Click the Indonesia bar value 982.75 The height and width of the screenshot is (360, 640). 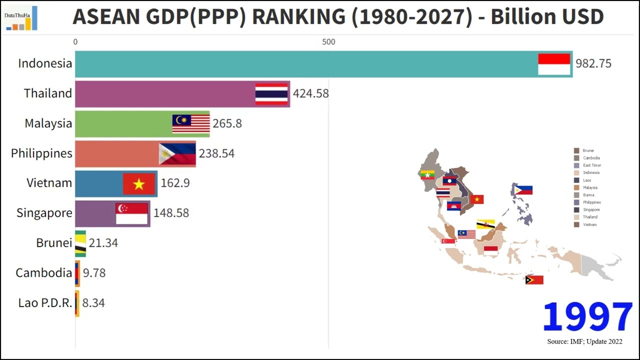(x=593, y=63)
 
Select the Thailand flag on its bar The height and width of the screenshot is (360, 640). (x=271, y=93)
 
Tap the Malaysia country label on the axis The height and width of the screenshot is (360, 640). (x=48, y=123)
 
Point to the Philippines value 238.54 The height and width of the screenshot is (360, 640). (x=216, y=153)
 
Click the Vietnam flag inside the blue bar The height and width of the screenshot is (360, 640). (x=139, y=184)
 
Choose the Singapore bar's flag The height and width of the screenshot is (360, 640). (x=131, y=213)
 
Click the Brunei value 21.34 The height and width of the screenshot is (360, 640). (x=103, y=243)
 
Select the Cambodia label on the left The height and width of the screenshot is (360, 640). (x=44, y=273)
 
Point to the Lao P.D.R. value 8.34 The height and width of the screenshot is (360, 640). (x=93, y=303)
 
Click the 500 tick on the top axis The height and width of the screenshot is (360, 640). (x=328, y=42)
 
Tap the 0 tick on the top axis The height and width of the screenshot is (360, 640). (x=75, y=42)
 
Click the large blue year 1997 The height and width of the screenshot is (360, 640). (x=587, y=317)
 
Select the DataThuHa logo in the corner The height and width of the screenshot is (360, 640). (x=20, y=18)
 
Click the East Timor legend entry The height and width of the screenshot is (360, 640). (x=592, y=165)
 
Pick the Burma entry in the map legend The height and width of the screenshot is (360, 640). (x=590, y=195)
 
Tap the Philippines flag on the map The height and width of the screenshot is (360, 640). (x=523, y=190)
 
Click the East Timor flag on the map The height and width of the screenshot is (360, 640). (x=534, y=280)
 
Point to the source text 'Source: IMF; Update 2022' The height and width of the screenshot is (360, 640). (x=584, y=341)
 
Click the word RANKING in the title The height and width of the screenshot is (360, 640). (x=298, y=17)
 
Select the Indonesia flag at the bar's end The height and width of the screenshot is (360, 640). (x=554, y=64)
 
